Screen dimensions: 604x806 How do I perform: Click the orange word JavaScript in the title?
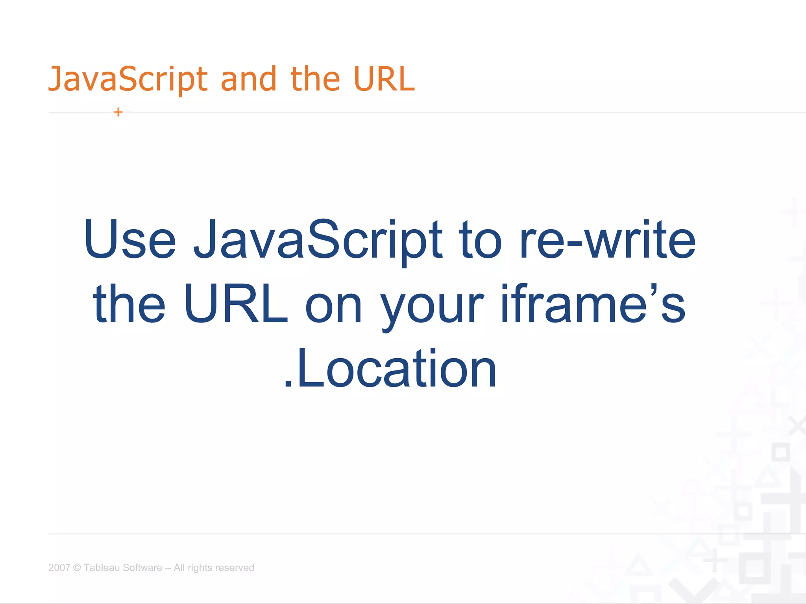(128, 79)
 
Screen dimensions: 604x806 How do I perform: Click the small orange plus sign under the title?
(118, 112)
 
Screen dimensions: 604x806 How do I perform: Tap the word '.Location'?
(390, 369)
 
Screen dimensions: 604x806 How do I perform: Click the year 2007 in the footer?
(59, 567)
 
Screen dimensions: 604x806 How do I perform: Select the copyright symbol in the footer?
(77, 567)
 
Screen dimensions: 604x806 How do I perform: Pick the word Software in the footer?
(142, 567)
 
